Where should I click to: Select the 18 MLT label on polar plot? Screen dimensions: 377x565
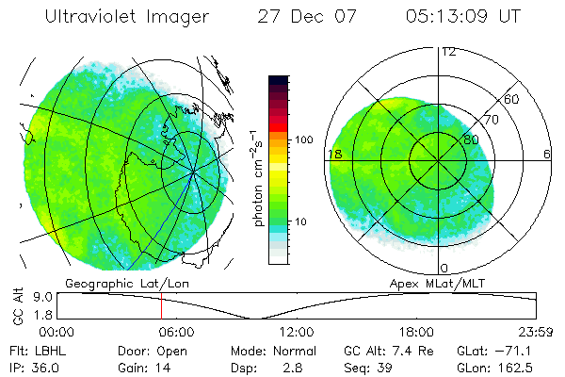pyautogui.click(x=334, y=154)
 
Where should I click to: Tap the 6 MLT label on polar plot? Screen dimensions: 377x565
pyautogui.click(x=547, y=154)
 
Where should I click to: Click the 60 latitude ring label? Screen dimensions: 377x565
pyautogui.click(x=512, y=99)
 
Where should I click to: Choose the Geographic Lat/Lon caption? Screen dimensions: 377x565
pyautogui.click(x=115, y=283)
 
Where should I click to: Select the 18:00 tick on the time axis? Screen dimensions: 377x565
pyautogui.click(x=415, y=333)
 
